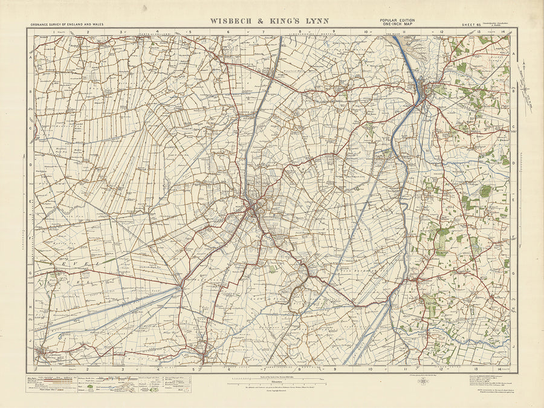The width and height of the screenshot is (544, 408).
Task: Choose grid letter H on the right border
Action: (x=513, y=308)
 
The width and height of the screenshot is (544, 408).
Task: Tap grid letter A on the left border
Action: (x=30, y=59)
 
